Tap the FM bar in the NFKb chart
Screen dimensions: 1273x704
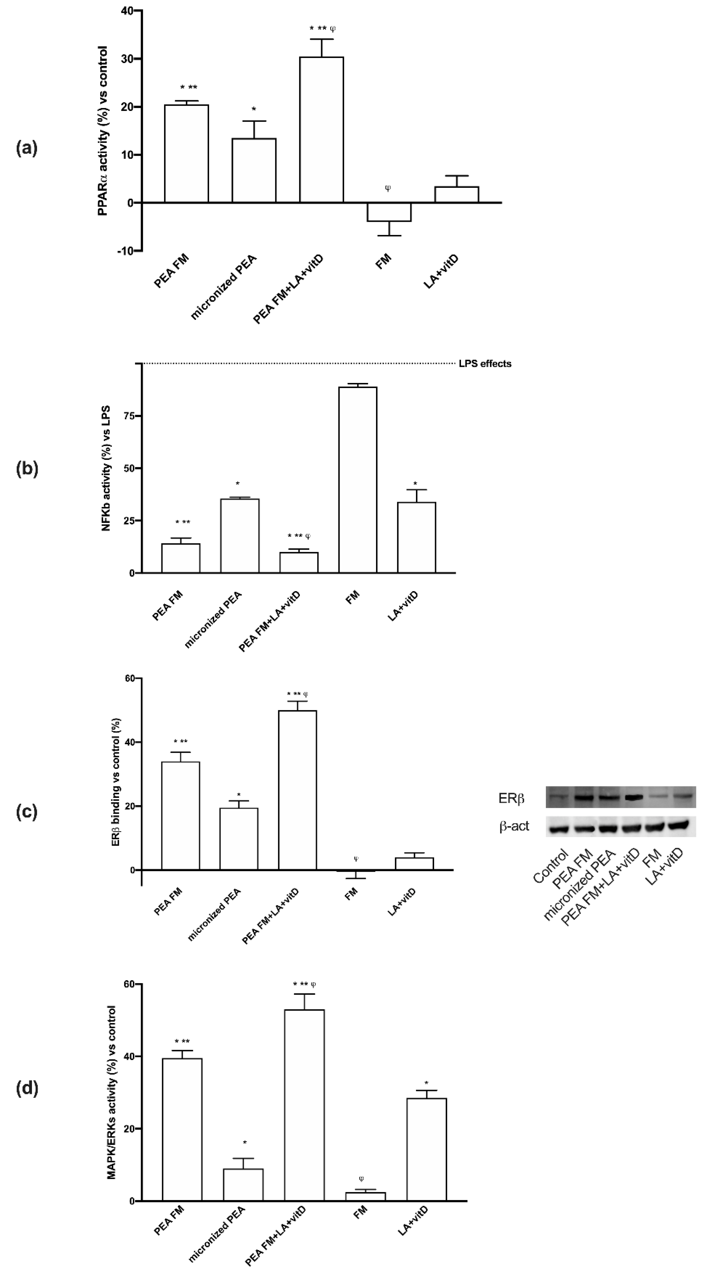point(357,479)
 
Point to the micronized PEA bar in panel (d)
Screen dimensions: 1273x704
point(243,1184)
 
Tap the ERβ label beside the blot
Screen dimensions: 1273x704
point(511,799)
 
